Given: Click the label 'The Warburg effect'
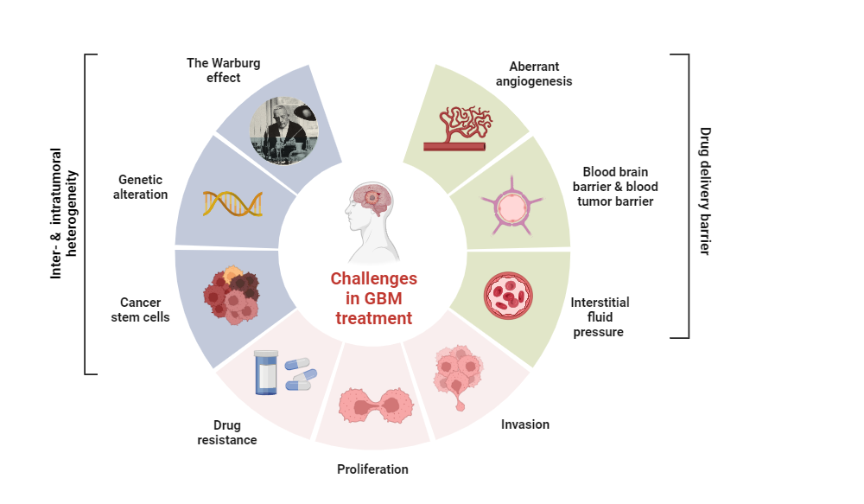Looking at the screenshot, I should pyautogui.click(x=223, y=70).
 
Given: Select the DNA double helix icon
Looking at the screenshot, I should pyautogui.click(x=232, y=203).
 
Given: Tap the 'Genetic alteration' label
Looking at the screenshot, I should pyautogui.click(x=143, y=187).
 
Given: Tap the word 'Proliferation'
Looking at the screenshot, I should pyautogui.click(x=372, y=469).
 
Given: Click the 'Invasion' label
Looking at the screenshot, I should pyautogui.click(x=525, y=424).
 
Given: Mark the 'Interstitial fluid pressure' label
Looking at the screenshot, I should pyautogui.click(x=600, y=316).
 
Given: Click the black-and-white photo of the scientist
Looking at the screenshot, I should pyautogui.click(x=284, y=131).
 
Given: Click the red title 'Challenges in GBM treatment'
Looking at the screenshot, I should pyautogui.click(x=373, y=298).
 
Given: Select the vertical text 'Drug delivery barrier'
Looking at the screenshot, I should pyautogui.click(x=705, y=191).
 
